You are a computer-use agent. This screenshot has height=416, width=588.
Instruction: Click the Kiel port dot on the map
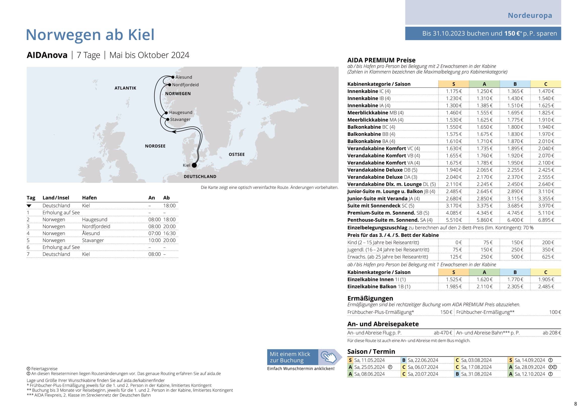click(194, 165)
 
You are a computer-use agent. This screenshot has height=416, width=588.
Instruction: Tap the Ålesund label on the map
click(184, 77)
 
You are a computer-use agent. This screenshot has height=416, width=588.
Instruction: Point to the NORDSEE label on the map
click(155, 146)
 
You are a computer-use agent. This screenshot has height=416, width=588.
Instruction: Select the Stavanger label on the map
click(180, 119)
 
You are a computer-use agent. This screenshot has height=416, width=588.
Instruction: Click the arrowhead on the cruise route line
click(174, 132)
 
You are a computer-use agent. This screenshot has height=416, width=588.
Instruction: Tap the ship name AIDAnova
click(47, 55)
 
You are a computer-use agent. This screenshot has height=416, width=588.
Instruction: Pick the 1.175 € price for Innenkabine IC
click(454, 91)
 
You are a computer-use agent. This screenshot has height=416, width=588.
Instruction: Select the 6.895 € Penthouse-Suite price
click(546, 220)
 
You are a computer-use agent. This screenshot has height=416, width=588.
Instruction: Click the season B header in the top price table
click(515, 84)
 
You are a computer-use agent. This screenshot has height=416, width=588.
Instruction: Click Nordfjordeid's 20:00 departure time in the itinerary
click(169, 226)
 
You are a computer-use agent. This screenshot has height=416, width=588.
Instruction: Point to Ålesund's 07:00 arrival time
click(154, 233)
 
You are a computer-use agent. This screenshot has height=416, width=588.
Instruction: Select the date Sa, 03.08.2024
click(476, 360)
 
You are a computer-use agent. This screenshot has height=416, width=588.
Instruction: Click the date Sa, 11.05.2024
click(369, 360)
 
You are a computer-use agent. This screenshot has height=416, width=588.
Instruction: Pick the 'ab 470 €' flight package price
click(443, 333)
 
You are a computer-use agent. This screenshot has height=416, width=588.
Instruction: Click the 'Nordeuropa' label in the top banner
click(530, 15)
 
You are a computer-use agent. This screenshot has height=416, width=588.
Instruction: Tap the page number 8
click(575, 404)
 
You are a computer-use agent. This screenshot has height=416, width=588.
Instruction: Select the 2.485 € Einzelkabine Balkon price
click(546, 287)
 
